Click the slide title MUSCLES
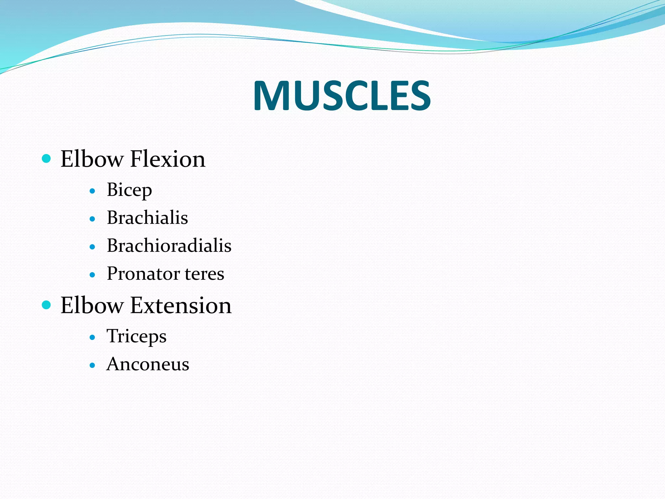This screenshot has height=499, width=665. pyautogui.click(x=342, y=96)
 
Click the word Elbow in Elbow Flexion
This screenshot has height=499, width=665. pyautogui.click(x=92, y=159)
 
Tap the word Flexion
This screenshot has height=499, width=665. pyautogui.click(x=168, y=159)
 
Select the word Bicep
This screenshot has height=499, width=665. pyautogui.click(x=129, y=190)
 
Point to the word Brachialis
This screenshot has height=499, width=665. pyautogui.click(x=147, y=218)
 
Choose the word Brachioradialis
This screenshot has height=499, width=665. pyautogui.click(x=169, y=246)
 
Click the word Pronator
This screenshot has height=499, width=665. pyautogui.click(x=143, y=274)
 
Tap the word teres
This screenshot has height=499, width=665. pyautogui.click(x=205, y=274)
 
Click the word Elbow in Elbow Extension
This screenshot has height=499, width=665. pyautogui.click(x=92, y=305)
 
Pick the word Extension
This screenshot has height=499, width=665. pyautogui.click(x=181, y=305)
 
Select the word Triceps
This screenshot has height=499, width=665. pyautogui.click(x=136, y=336)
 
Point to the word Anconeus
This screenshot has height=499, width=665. pyautogui.click(x=148, y=364)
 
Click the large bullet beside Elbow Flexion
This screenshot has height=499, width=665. pyautogui.click(x=47, y=159)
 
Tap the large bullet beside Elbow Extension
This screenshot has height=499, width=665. pyautogui.click(x=47, y=305)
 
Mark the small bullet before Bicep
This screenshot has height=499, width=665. pyautogui.click(x=93, y=191)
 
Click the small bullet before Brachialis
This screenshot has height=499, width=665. pyautogui.click(x=93, y=219)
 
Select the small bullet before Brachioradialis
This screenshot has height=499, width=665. pyautogui.click(x=93, y=247)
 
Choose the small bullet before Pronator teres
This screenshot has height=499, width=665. pyautogui.click(x=93, y=275)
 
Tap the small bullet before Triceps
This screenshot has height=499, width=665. pyautogui.click(x=93, y=337)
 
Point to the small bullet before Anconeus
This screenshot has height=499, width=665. pyautogui.click(x=93, y=365)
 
